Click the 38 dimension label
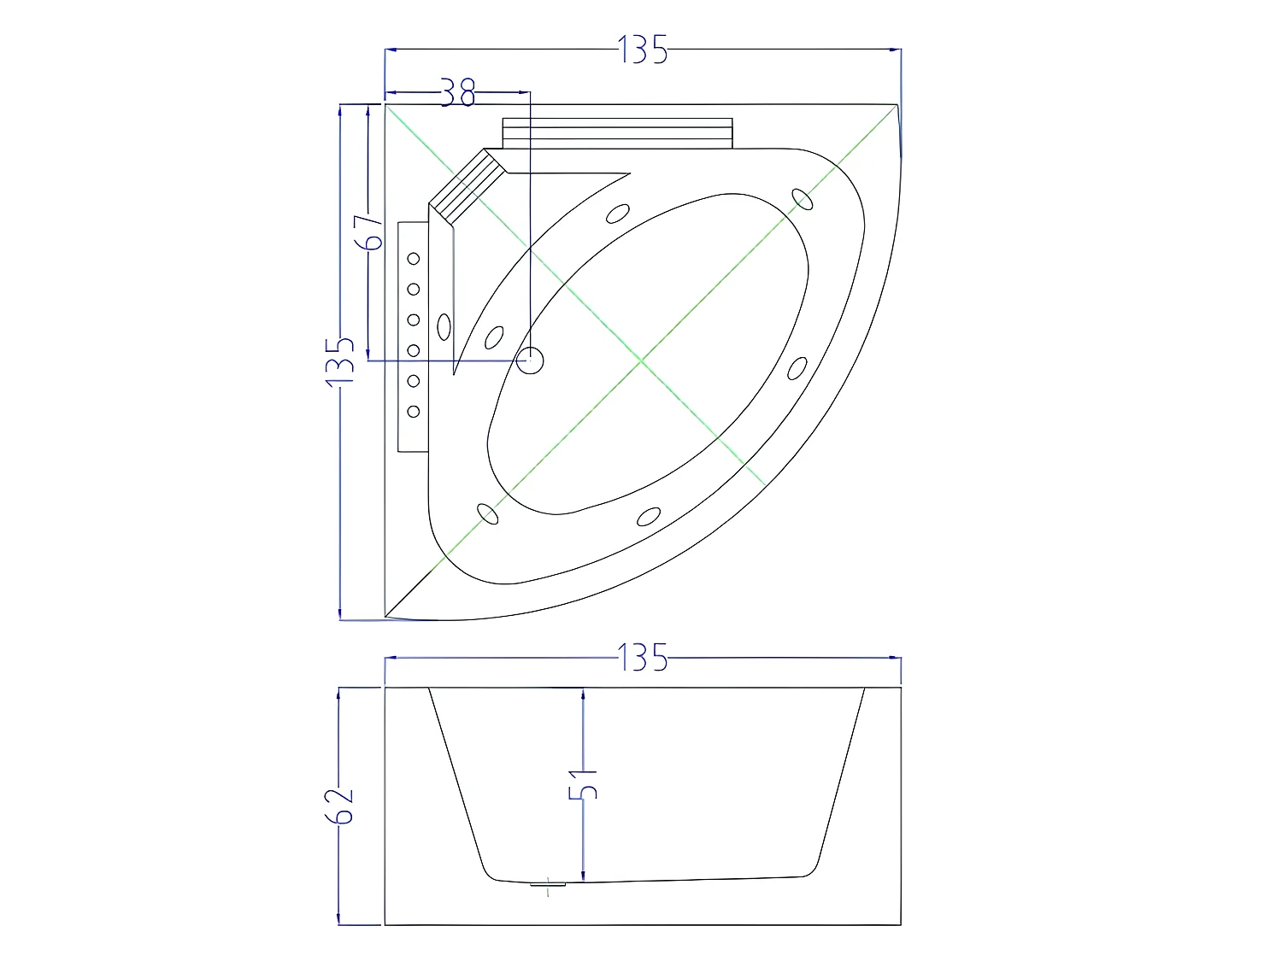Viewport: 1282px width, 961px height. coord(458,92)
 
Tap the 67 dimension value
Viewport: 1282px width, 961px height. coord(368,231)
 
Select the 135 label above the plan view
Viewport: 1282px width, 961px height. coord(643,50)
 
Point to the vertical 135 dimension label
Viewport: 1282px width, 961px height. coord(340,360)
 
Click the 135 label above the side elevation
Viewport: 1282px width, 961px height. coord(643,658)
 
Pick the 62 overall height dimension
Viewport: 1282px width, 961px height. coord(339,805)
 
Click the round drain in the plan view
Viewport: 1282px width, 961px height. coord(530,360)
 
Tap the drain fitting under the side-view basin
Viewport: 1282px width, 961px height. coord(549,886)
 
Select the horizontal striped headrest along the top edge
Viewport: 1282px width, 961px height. coord(617,132)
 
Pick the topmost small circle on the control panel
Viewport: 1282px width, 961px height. coord(414,258)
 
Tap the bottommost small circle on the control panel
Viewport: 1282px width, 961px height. coord(414,412)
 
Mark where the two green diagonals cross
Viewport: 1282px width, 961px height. coord(642,361)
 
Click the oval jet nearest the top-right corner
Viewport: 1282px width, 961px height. coord(802,198)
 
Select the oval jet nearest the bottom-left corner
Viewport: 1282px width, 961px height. coord(487,513)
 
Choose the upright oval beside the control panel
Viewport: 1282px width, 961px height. coord(444,326)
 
